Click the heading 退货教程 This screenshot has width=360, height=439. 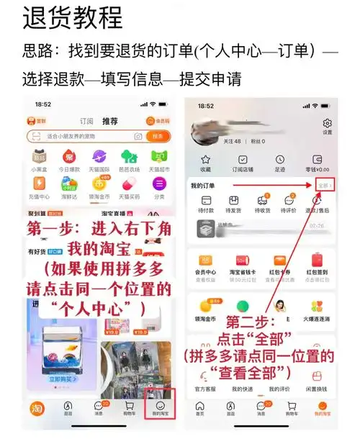click(72, 17)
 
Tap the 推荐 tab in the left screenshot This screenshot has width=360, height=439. click(109, 122)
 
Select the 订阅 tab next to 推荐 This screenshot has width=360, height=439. click(86, 122)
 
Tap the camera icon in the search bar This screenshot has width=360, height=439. click(136, 136)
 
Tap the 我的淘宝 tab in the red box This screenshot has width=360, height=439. click(159, 407)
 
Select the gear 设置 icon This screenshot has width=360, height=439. click(328, 125)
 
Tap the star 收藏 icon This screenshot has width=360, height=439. click(205, 163)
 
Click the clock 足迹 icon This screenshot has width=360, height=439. click(280, 163)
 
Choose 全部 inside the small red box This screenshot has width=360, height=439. click(325, 185)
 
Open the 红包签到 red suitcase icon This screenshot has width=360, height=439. click(317, 261)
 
